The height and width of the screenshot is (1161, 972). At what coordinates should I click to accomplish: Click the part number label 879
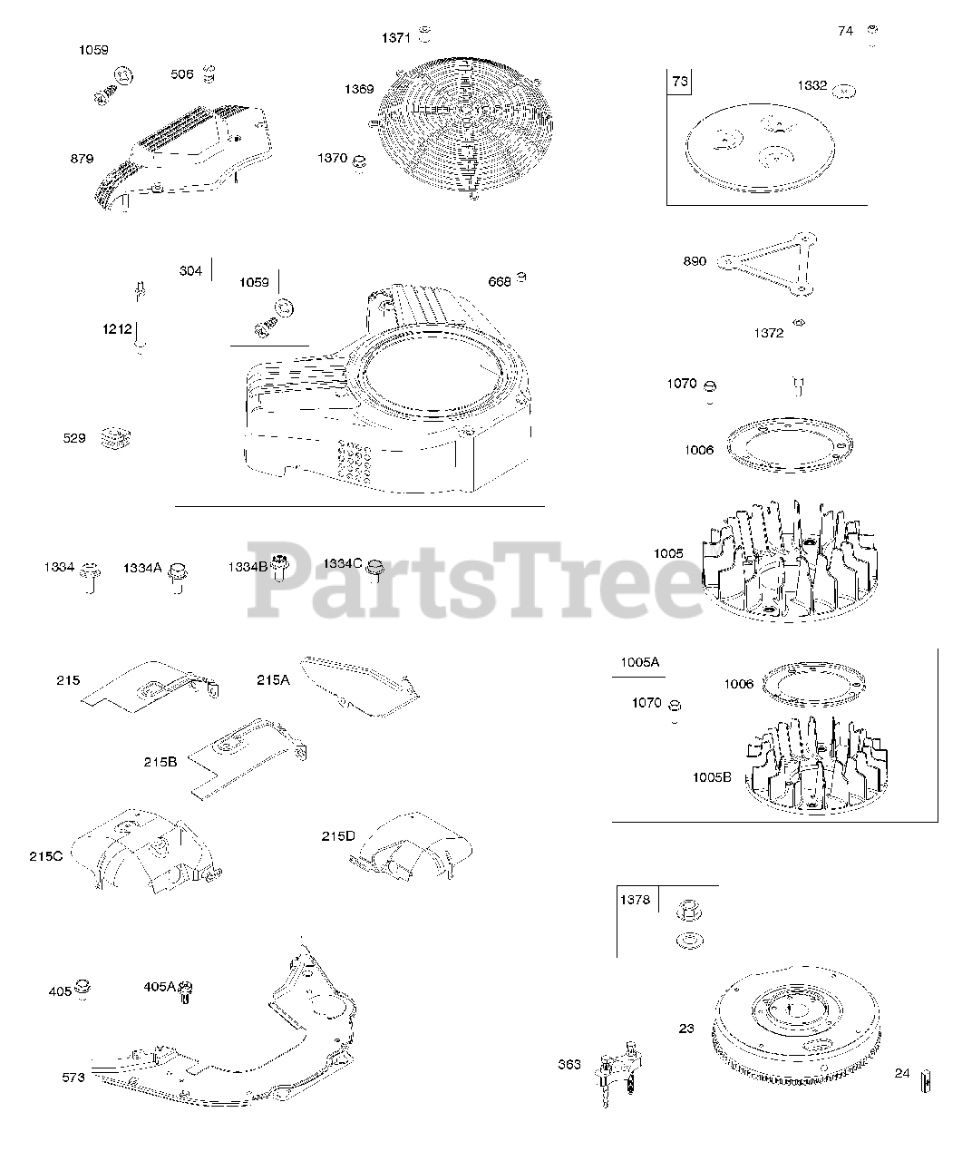pyautogui.click(x=82, y=159)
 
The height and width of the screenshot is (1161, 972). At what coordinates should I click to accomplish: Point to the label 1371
pyautogui.click(x=395, y=38)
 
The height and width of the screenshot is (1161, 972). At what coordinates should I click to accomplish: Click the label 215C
pyautogui.click(x=45, y=856)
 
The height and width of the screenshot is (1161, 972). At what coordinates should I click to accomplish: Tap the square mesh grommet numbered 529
pyautogui.click(x=114, y=439)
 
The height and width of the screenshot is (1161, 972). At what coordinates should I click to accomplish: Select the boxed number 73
pyautogui.click(x=679, y=83)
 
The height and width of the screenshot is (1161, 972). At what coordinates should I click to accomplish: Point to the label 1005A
pyautogui.click(x=639, y=663)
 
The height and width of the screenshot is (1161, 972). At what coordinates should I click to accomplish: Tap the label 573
pyautogui.click(x=73, y=1078)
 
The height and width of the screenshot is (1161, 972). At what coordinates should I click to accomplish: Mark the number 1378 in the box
pyautogui.click(x=635, y=900)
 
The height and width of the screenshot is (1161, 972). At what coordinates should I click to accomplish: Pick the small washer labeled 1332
pyautogui.click(x=845, y=90)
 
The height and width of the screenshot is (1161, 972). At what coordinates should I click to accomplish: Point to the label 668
pyautogui.click(x=499, y=282)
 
